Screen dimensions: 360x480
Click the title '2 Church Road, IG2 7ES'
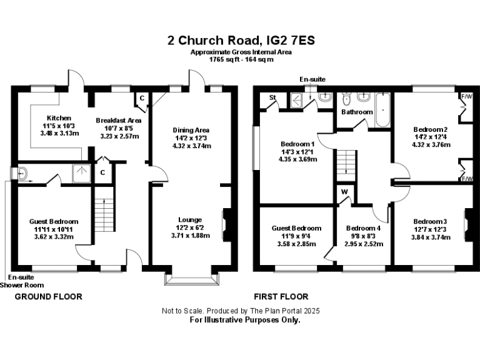[x=241, y=41]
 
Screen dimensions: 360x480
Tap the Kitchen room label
[x=59, y=117]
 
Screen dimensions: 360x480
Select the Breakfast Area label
[x=118, y=120]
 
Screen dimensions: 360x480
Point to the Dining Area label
[x=192, y=130]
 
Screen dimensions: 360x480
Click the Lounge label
[x=190, y=219]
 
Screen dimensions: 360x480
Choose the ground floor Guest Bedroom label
[x=54, y=221]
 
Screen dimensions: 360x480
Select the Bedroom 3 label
[x=430, y=221]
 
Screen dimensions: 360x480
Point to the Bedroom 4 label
[x=363, y=228]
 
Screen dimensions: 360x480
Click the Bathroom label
[x=357, y=112]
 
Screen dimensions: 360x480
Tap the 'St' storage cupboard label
[x=272, y=98]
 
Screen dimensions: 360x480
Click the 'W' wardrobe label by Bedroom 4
[x=344, y=192]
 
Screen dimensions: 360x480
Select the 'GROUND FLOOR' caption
[x=48, y=296]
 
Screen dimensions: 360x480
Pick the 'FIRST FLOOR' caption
[x=281, y=296]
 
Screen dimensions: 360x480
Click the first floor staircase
[x=341, y=164]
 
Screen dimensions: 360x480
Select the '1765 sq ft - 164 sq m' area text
[x=241, y=59]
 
